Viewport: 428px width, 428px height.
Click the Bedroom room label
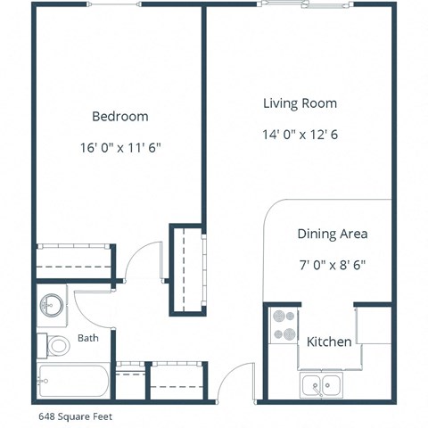pyautogui.click(x=119, y=116)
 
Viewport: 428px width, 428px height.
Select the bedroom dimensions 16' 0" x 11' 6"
pyautogui.click(x=119, y=148)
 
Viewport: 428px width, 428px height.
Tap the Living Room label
pyautogui.click(x=300, y=103)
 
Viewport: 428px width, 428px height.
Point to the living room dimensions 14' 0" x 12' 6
pyautogui.click(x=300, y=136)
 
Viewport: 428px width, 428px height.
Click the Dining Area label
pyautogui.click(x=332, y=234)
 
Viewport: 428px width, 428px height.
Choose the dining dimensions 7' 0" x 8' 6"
pyautogui.click(x=332, y=265)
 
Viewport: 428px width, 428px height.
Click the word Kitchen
pyautogui.click(x=329, y=342)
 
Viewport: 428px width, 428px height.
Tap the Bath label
pyautogui.click(x=88, y=338)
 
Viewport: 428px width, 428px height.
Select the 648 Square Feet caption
pyautogui.click(x=75, y=416)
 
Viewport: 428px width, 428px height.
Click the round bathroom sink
pyautogui.click(x=52, y=306)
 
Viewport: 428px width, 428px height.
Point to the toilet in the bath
pyautogui.click(x=56, y=345)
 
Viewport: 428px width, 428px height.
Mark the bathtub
pyautogui.click(x=73, y=383)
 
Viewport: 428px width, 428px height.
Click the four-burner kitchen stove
pyautogui.click(x=284, y=325)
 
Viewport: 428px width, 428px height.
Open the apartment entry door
pyautogui.click(x=229, y=383)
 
